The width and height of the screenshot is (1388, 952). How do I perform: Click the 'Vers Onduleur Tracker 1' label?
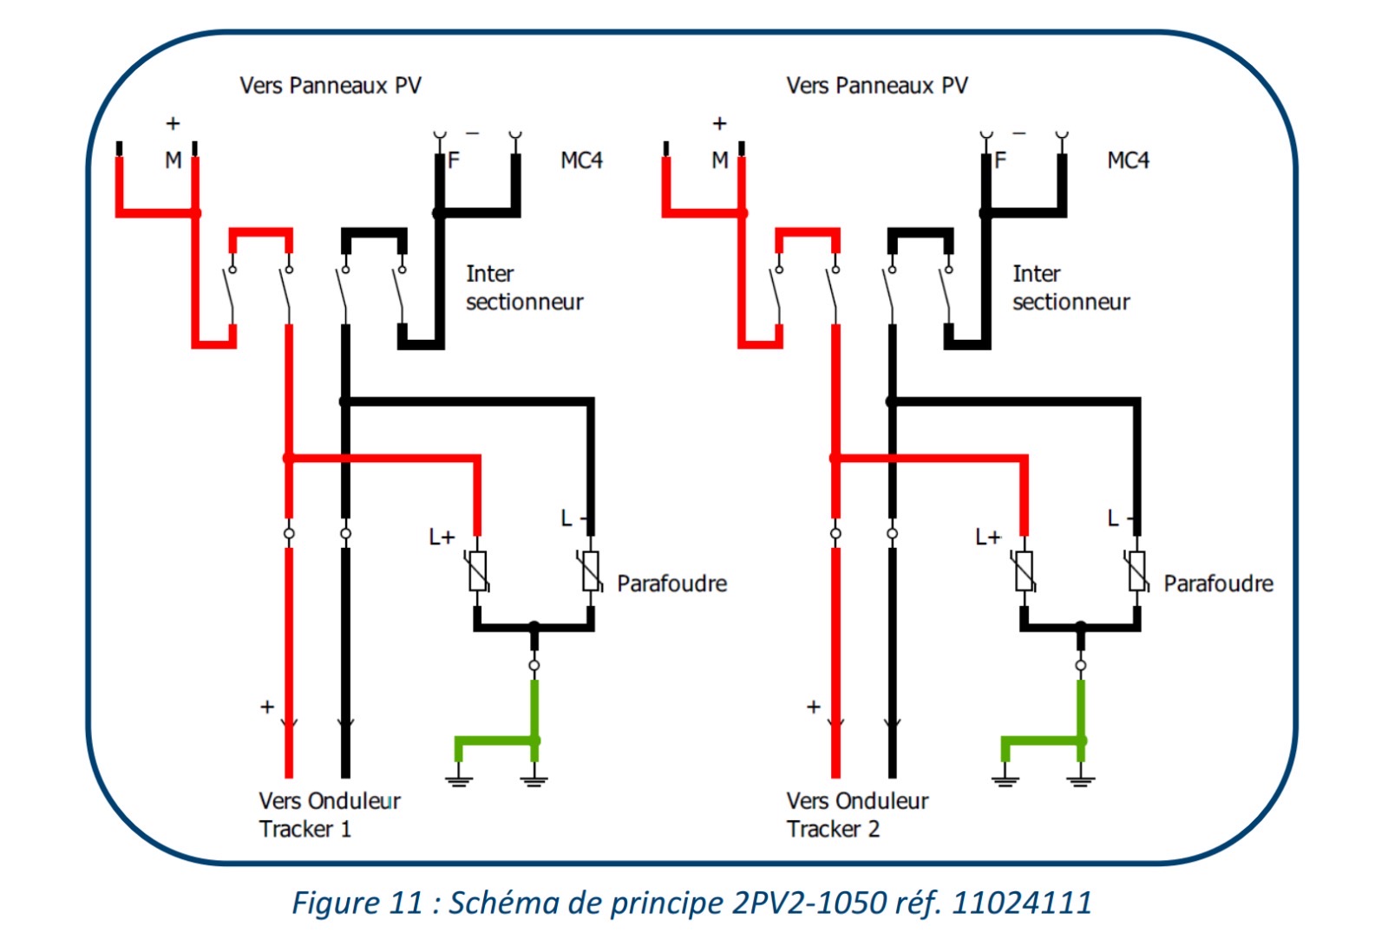pyautogui.click(x=329, y=814)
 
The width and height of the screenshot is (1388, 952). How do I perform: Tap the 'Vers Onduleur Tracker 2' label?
pyautogui.click(x=857, y=814)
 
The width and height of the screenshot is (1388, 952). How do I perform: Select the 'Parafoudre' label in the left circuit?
pyautogui.click(x=671, y=584)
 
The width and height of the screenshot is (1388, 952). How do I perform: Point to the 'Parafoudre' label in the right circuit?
pyautogui.click(x=1218, y=584)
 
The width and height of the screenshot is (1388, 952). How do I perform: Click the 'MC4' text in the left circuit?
pyautogui.click(x=581, y=160)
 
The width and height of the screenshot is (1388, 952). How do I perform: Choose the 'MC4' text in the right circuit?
pyautogui.click(x=1128, y=160)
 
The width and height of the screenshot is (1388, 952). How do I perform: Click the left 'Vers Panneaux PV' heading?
pyautogui.click(x=331, y=86)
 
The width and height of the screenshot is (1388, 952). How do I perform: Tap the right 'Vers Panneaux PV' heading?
pyautogui.click(x=877, y=86)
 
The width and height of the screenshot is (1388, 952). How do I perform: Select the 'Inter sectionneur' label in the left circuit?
pyautogui.click(x=524, y=288)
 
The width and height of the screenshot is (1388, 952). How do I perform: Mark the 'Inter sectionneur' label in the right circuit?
pyautogui.click(x=1070, y=288)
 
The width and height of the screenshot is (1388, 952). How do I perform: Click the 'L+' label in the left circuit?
pyautogui.click(x=442, y=538)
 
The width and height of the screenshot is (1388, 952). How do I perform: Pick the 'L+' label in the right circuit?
pyautogui.click(x=988, y=538)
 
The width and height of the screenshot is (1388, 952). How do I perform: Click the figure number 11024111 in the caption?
pyautogui.click(x=1022, y=903)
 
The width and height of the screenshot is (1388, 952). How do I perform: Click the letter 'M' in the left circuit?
pyautogui.click(x=173, y=160)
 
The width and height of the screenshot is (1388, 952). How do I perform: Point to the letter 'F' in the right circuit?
pyautogui.click(x=1000, y=160)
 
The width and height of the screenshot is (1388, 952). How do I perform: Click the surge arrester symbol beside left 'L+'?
pyautogui.click(x=478, y=571)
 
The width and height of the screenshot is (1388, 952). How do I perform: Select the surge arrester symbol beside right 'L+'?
pyautogui.click(x=1025, y=571)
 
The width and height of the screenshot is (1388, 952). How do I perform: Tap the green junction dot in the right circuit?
pyautogui.click(x=1081, y=740)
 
